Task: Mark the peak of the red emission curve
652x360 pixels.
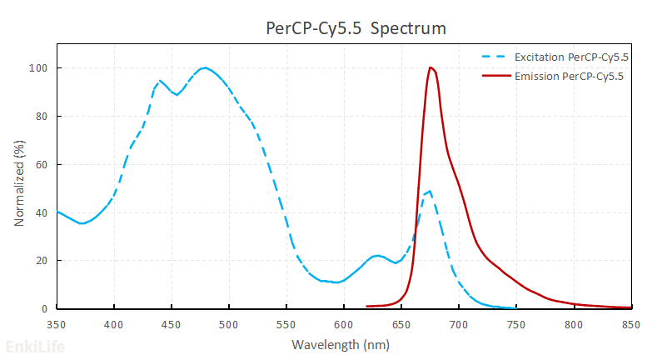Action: click(x=430, y=67)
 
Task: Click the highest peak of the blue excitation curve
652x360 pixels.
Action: click(x=204, y=67)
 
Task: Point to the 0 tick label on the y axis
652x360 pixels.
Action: click(x=46, y=309)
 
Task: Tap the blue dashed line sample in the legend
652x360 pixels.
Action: click(x=495, y=57)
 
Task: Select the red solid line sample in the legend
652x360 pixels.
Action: click(x=496, y=77)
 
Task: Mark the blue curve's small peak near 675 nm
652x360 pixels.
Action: click(x=429, y=191)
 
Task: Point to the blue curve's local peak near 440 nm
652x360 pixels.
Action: click(x=161, y=81)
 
